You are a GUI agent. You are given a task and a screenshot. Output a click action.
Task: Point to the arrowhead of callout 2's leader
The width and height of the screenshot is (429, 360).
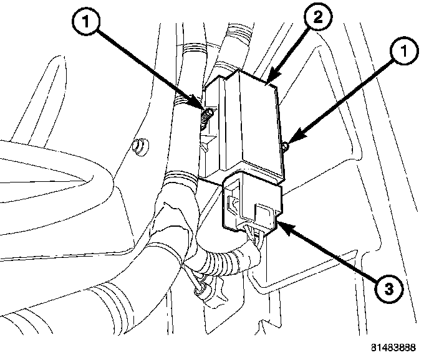268,81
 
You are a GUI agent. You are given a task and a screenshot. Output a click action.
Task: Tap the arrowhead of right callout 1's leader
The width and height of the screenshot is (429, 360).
289,144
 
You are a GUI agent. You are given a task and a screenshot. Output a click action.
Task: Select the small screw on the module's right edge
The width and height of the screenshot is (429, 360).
284,147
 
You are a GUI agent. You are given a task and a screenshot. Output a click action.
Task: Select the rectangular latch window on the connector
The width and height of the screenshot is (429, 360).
234,203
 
